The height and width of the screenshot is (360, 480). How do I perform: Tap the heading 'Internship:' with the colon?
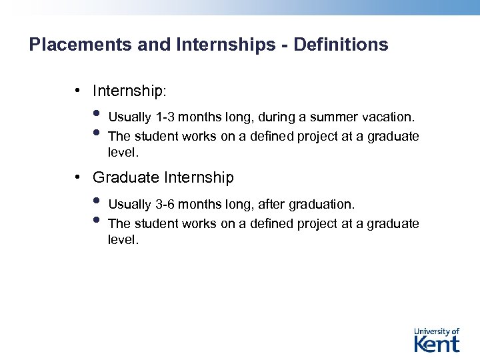coord(131,90)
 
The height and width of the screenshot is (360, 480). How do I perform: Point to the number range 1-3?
coord(167,117)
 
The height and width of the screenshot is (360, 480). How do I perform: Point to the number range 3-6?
coord(167,204)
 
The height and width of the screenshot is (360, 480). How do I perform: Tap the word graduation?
coord(321,204)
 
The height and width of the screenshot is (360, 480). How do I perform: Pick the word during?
coord(273,117)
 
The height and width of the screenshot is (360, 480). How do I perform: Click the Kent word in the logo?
coord(437,344)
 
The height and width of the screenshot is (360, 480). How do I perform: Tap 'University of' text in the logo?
coord(437,331)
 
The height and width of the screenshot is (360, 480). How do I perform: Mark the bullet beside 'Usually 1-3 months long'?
coord(97,113)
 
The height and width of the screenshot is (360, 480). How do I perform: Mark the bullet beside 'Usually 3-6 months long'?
coord(97,200)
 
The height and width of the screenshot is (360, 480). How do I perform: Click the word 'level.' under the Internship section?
coord(123,153)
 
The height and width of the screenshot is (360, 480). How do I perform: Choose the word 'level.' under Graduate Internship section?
coord(123,239)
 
